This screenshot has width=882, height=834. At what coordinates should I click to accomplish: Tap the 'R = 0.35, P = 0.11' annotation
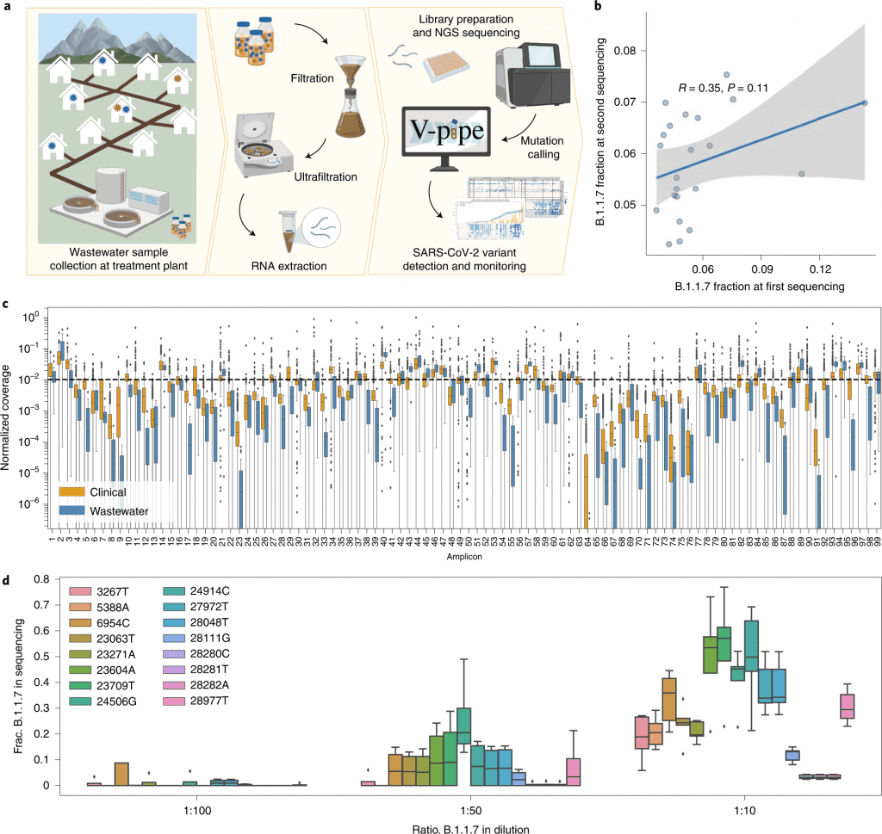pyautogui.click(x=721, y=87)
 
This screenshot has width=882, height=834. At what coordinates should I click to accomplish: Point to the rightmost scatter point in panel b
pyautogui.click(x=864, y=102)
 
